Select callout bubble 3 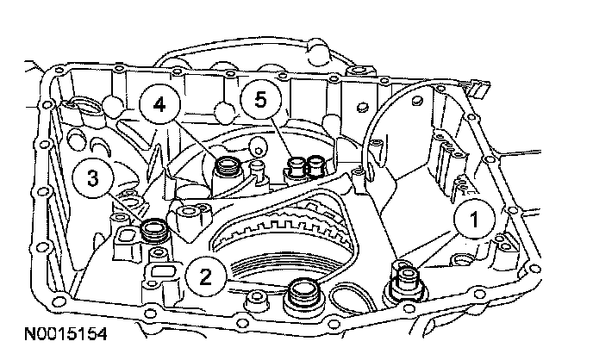(91, 181)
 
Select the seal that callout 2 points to (303, 293)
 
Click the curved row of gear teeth (284, 225)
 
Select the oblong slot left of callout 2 (160, 272)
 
